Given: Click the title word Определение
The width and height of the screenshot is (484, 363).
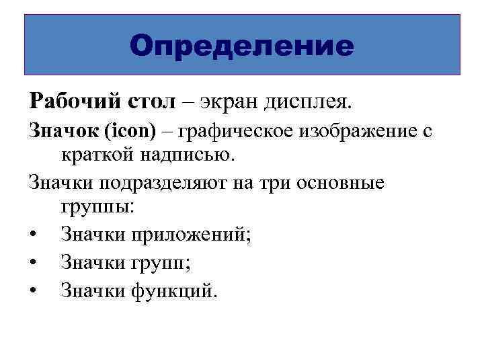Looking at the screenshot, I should [242, 46].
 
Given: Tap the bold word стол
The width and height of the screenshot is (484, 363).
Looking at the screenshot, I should [149, 102].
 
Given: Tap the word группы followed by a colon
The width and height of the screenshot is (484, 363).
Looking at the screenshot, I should [98, 206].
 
